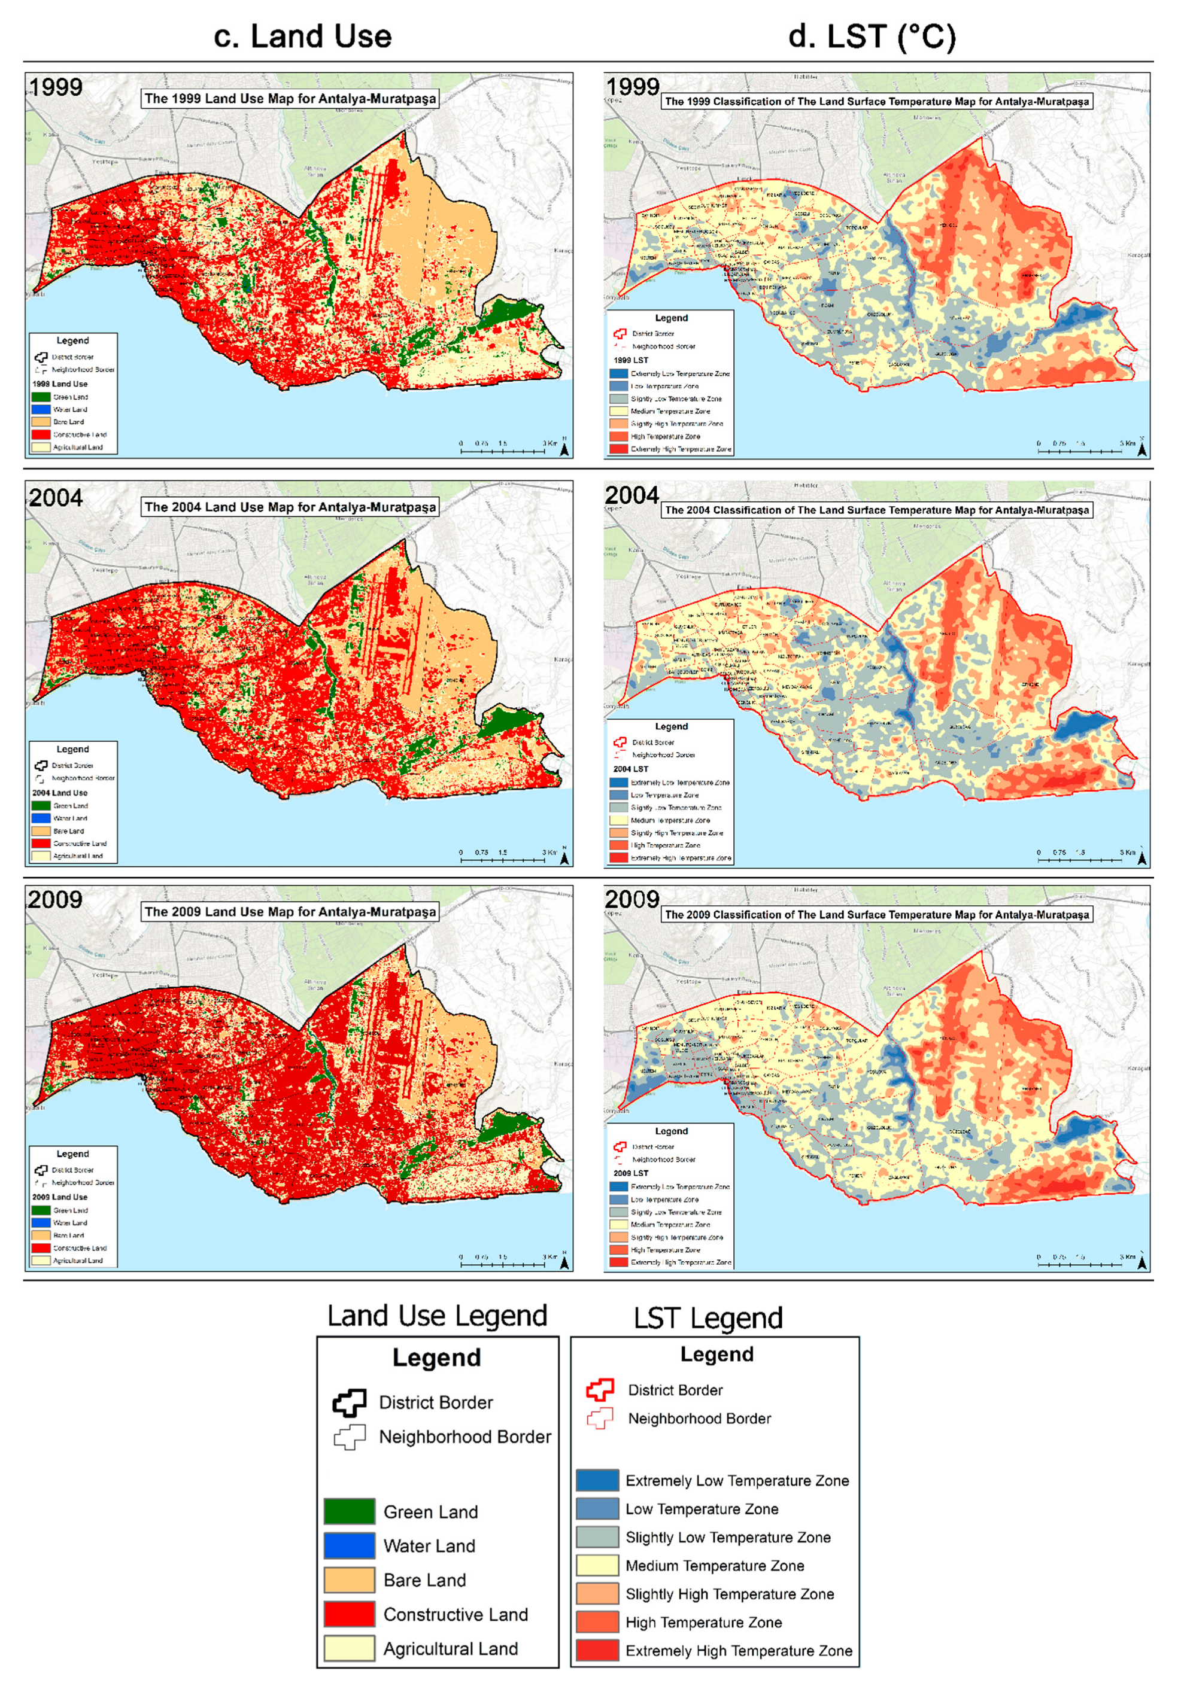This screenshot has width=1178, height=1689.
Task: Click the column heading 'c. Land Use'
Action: point(302,36)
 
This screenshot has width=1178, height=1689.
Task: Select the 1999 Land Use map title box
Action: point(290,99)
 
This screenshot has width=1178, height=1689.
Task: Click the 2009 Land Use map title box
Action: point(290,911)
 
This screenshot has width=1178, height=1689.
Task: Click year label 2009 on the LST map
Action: point(631,899)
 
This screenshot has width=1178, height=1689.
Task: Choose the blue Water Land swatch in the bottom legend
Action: point(350,1545)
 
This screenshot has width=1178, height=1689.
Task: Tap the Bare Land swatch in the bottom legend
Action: point(350,1580)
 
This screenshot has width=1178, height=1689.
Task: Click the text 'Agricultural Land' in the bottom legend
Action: point(450,1648)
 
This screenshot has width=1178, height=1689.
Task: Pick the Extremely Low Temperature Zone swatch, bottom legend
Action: point(597,1480)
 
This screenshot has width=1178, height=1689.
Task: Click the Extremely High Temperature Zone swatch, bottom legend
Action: point(597,1650)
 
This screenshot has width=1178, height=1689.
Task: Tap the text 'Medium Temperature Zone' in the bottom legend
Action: point(715,1565)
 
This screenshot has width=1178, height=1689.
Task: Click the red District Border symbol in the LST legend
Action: point(600,1390)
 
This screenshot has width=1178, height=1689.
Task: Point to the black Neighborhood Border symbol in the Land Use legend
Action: point(350,1437)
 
